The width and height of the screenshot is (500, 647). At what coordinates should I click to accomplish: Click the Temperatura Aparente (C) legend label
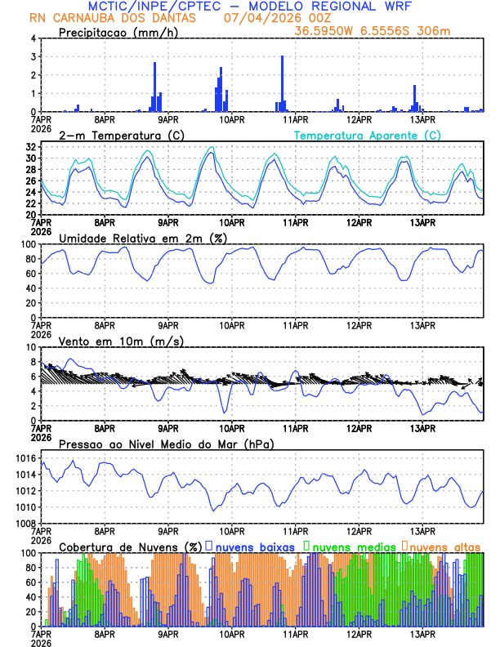coord(368,135)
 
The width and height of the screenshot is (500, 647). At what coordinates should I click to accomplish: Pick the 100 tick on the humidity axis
coord(28,244)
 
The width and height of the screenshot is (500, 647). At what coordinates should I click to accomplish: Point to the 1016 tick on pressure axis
coord(25,458)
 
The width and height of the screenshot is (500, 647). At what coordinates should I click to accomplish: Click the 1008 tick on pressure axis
coord(25,523)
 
